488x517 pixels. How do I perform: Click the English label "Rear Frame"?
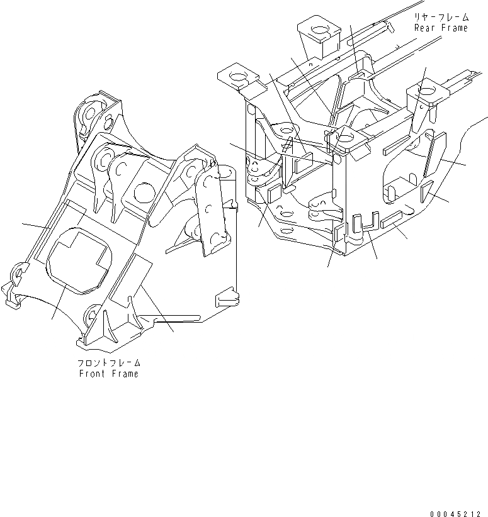pyautogui.click(x=441, y=28)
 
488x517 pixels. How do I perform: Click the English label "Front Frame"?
pyautogui.click(x=108, y=374)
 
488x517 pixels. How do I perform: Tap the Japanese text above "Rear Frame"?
pyautogui.click(x=441, y=18)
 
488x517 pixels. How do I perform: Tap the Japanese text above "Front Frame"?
pyautogui.click(x=108, y=364)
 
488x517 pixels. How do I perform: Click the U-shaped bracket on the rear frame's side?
pyautogui.click(x=364, y=225)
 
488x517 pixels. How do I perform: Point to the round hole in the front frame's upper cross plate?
pyautogui.click(x=144, y=191)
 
